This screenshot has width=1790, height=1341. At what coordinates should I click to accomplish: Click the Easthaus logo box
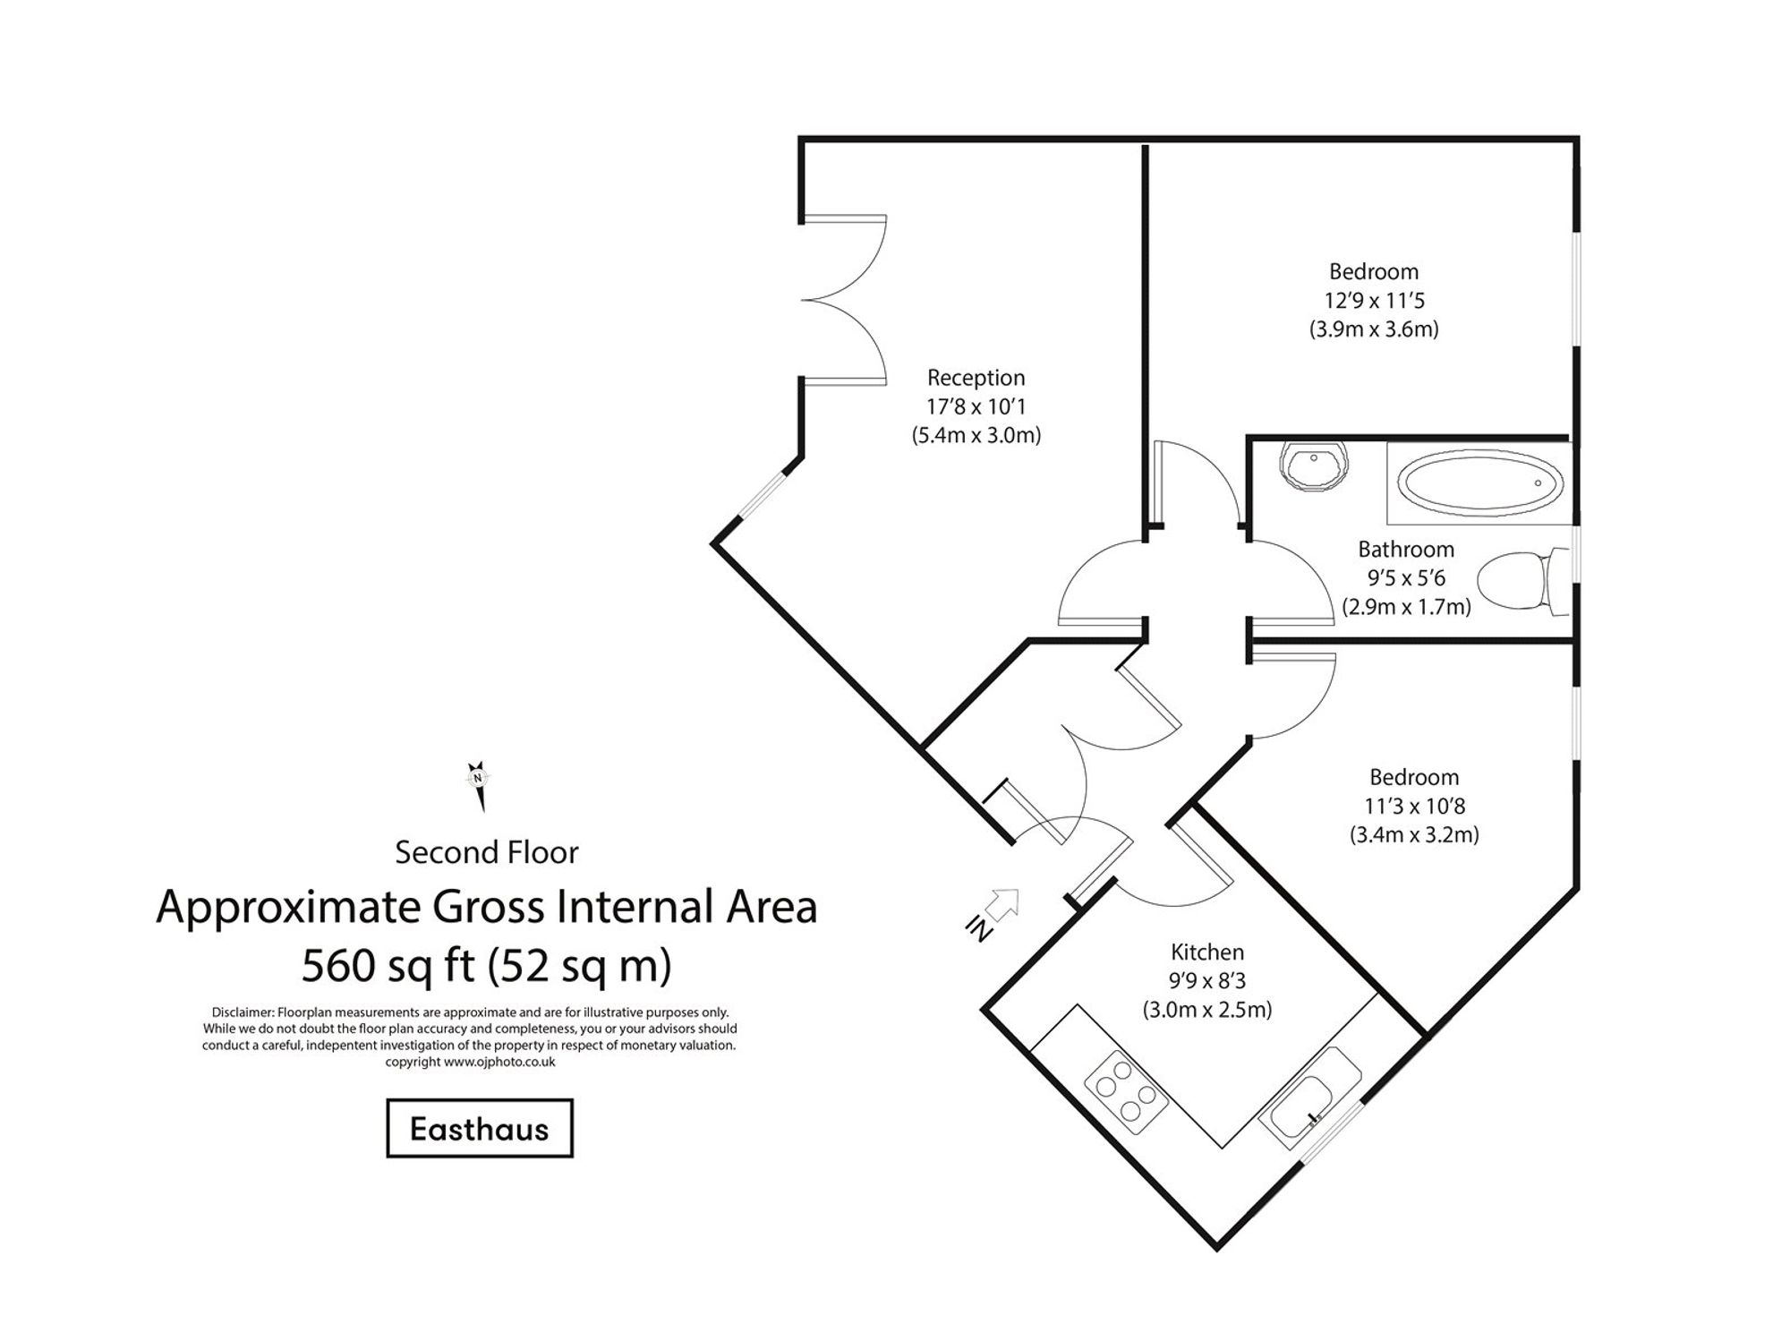point(479,1128)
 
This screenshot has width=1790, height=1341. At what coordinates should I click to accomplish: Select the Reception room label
point(976,377)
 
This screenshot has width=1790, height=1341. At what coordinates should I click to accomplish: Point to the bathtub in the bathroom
point(1480,483)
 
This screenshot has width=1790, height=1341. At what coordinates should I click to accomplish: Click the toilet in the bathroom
point(1518,580)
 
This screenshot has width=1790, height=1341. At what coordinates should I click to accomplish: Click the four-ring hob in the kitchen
point(1125,1097)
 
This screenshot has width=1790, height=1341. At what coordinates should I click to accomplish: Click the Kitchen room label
point(1207,952)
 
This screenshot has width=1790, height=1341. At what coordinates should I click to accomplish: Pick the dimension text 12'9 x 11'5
point(1374,300)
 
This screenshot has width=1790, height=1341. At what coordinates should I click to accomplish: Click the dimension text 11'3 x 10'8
point(1414,806)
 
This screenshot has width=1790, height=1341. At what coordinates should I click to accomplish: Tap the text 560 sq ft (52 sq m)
point(486,964)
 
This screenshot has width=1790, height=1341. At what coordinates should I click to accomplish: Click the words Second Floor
point(486,851)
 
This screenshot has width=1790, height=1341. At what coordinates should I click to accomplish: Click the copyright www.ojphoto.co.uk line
point(470,1062)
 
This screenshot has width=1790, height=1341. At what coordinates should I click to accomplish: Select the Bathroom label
point(1405,549)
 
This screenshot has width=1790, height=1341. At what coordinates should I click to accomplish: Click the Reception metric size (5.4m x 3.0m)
point(976,436)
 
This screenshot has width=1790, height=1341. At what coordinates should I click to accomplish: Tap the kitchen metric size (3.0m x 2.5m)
point(1207,1009)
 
